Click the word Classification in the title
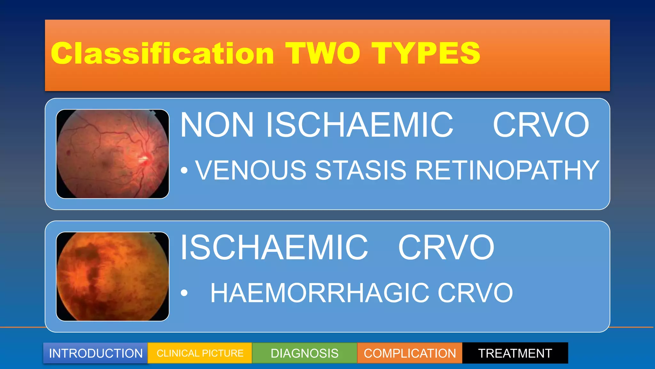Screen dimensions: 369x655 point(162,53)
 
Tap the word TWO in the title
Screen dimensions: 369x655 point(323,53)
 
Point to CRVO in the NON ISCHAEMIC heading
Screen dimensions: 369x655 point(541,125)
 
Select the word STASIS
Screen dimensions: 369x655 point(360,170)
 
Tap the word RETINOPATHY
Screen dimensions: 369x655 point(507,170)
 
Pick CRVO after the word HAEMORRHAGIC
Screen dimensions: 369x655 point(475,293)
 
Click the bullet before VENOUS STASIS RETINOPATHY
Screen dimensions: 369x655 point(184,170)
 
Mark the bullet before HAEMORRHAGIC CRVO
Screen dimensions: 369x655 point(184,293)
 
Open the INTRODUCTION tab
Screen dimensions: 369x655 point(96,353)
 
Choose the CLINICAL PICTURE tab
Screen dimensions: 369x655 point(200,353)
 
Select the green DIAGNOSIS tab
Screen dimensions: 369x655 point(304,353)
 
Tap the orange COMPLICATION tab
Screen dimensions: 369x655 point(410,353)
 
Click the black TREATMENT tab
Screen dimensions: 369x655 point(515,353)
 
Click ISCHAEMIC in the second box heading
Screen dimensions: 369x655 point(274,247)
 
